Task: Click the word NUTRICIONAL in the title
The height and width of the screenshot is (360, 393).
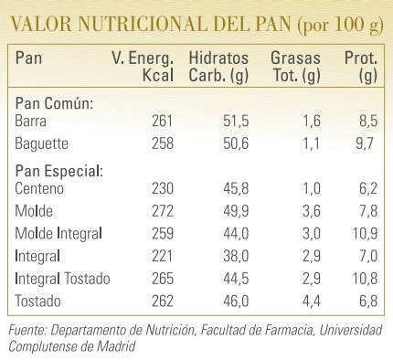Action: click(120, 21)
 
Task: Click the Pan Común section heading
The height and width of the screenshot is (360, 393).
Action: click(55, 103)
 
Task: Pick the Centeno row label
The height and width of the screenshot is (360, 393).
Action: click(42, 189)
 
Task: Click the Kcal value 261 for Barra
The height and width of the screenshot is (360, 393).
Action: click(162, 122)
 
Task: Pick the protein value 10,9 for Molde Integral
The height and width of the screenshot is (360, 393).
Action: click(364, 231)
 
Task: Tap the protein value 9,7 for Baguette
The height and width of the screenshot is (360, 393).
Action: click(367, 144)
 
